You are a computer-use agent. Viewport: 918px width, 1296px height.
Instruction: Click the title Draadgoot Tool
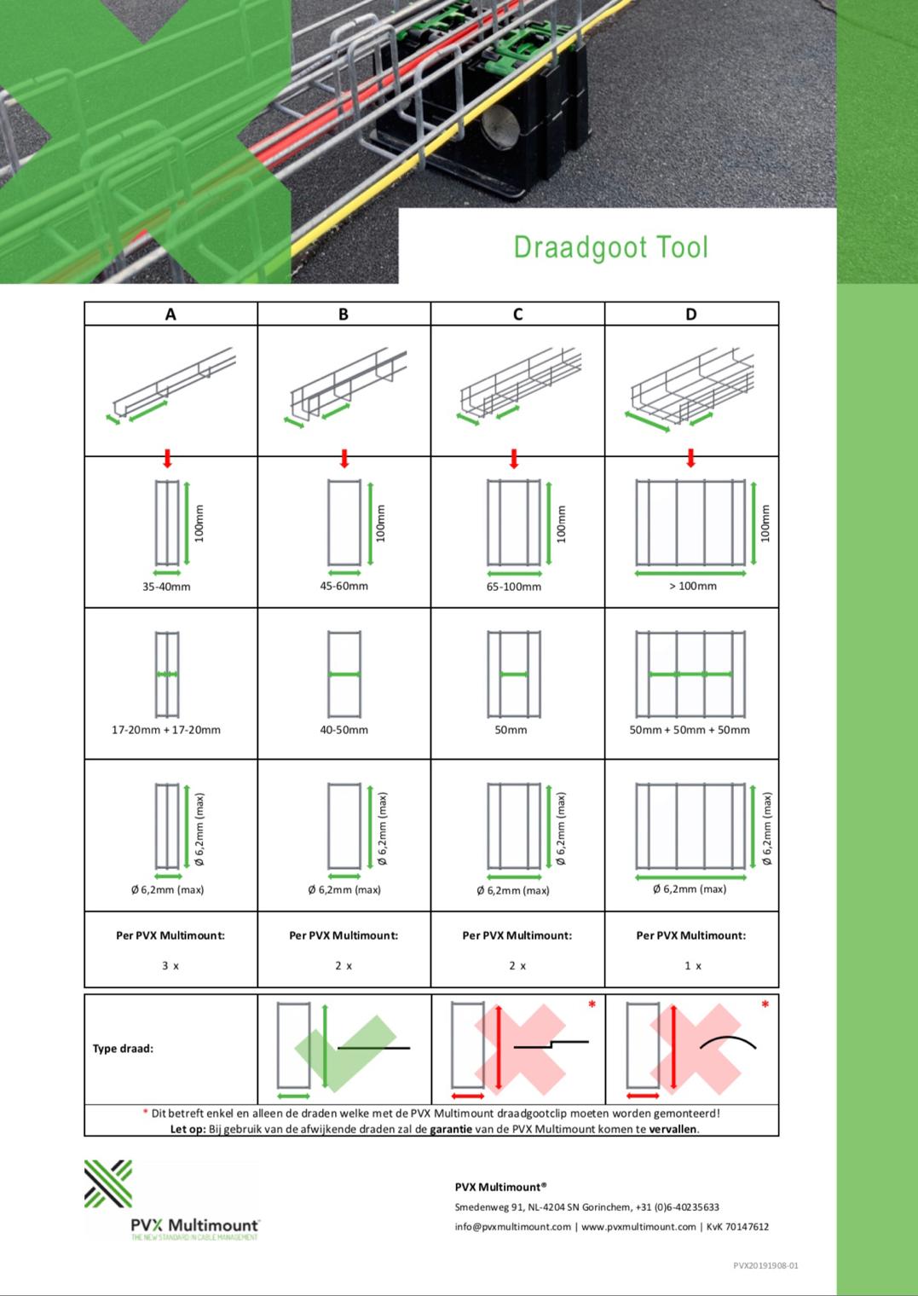(610, 247)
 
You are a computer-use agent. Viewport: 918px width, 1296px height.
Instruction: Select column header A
(170, 315)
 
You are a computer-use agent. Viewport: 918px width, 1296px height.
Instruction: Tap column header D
(690, 315)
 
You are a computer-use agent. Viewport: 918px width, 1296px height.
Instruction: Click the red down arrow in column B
(344, 459)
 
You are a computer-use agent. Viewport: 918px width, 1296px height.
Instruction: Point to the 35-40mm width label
(166, 587)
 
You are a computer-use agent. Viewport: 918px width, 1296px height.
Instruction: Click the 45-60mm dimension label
(344, 586)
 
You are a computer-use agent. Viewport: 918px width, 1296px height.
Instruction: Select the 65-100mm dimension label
(514, 587)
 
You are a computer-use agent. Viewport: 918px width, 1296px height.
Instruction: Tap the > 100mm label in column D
(692, 586)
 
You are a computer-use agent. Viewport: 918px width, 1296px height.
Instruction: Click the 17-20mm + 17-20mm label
(166, 730)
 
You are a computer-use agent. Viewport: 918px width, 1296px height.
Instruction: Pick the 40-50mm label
(344, 730)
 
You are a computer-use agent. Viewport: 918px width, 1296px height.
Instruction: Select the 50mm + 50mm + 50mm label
(690, 730)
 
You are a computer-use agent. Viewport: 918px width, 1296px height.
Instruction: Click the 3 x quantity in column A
(170, 966)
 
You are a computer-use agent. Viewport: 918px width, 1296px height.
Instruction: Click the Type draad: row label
(123, 1049)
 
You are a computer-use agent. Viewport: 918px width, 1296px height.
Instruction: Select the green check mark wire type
(344, 1049)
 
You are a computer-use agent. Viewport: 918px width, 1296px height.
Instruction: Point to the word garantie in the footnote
(451, 1129)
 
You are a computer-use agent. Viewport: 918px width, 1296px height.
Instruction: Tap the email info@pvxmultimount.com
(512, 1227)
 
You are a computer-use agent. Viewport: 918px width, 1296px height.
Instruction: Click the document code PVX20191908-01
(765, 1265)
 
